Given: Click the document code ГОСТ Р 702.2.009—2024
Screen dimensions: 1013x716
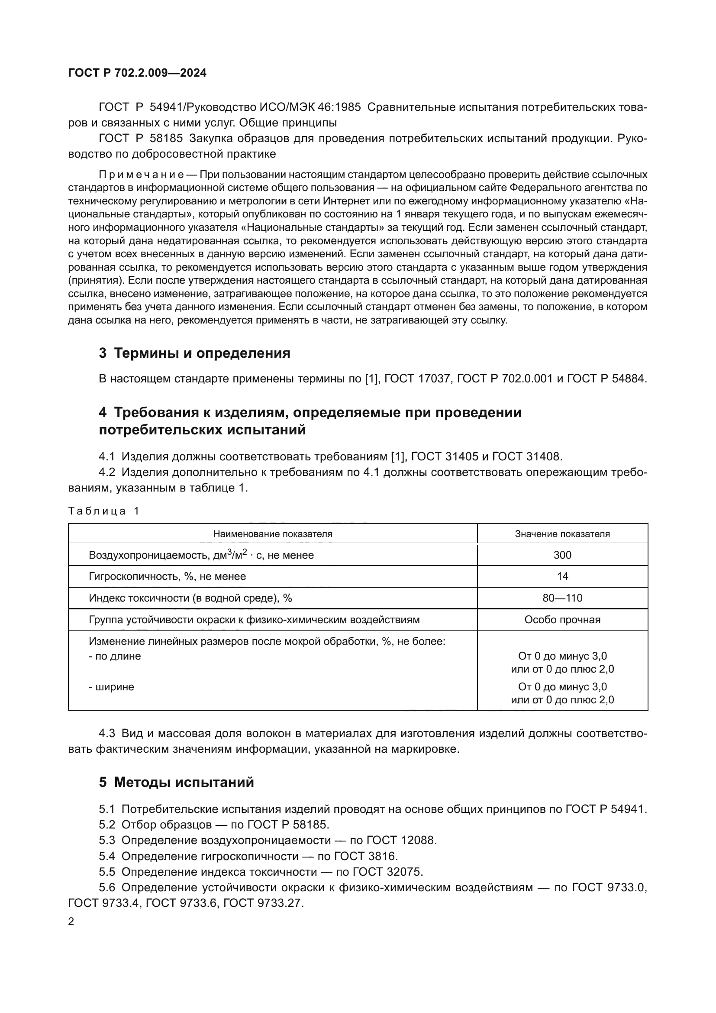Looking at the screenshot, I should [x=137, y=73].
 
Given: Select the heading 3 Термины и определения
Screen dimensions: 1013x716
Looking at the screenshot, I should [x=194, y=353].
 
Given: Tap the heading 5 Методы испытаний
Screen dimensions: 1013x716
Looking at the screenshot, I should [x=176, y=782].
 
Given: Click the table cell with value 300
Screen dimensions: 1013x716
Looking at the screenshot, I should [x=562, y=555].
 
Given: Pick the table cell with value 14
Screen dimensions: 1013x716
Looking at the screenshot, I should [x=562, y=576].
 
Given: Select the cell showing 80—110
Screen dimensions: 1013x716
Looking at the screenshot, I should [x=562, y=598].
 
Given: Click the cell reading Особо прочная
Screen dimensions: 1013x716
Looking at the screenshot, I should [x=562, y=619].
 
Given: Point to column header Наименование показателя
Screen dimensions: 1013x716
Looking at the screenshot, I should [x=272, y=534].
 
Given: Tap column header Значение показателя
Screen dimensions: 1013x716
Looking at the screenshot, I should [x=562, y=534].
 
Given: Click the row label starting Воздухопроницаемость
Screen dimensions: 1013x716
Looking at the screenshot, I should [x=201, y=555].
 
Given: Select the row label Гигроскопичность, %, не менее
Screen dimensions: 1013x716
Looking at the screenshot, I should [x=168, y=576].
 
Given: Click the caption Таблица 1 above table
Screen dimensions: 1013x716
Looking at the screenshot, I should [x=103, y=511].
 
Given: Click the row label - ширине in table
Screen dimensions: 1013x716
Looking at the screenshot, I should [x=112, y=687].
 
